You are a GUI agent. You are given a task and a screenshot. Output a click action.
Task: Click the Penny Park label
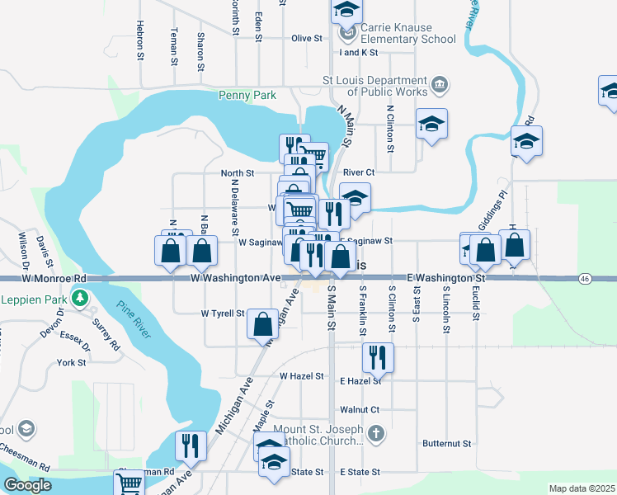pos(247,96)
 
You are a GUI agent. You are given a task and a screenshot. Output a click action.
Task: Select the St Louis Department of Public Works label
pos(374,86)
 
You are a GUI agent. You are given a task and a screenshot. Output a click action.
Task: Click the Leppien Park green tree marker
pos(80,298)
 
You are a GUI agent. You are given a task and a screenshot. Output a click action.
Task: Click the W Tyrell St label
pos(223,313)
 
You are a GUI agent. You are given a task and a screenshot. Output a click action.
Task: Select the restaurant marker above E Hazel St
pos(378,357)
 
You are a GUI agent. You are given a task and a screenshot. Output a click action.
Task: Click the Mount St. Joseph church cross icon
pos(375,433)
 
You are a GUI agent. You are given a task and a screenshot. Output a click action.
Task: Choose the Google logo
pos(27,485)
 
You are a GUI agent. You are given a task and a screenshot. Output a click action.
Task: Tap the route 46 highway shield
pos(584,280)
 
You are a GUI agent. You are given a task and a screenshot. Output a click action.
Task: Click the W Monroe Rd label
pos(54,279)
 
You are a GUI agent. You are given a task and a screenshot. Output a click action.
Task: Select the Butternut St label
pos(446,443)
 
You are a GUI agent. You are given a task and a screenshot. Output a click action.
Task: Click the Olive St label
pos(306,38)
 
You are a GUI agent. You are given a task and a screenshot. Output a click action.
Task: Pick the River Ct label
pos(360,172)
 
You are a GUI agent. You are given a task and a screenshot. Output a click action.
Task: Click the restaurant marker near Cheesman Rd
pos(191,445)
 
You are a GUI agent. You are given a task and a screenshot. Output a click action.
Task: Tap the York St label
pos(72,363)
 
